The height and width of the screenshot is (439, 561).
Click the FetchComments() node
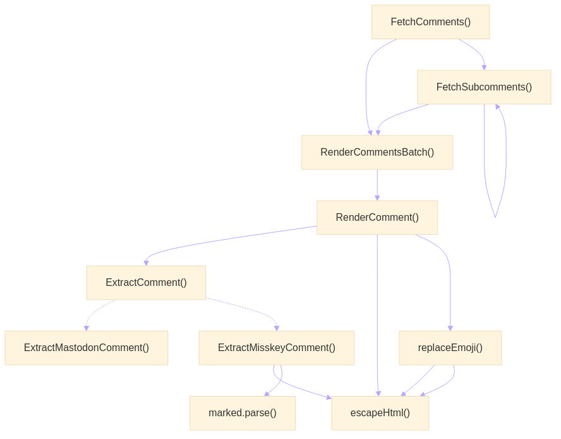point(430,22)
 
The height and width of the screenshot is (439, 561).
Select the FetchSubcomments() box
point(484,87)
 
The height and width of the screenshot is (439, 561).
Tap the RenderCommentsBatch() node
point(377,152)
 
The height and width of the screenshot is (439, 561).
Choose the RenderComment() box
point(377,218)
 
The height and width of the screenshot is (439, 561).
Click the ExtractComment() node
point(146,283)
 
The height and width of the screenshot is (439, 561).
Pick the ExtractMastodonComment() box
point(87,348)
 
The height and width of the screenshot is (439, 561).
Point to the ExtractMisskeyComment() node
point(277,348)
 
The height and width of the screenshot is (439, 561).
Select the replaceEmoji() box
point(450,348)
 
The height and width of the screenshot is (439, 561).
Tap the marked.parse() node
point(243,413)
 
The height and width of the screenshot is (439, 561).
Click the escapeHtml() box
point(380,413)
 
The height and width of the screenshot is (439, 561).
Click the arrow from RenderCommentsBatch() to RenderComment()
point(377,185)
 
